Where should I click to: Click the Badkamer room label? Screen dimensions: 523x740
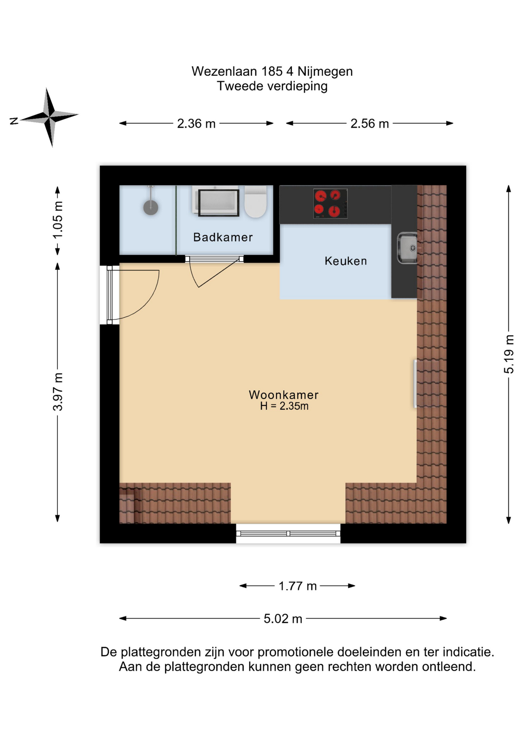point(223,237)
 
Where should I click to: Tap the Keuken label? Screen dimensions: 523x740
point(345,261)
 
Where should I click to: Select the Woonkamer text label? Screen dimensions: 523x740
point(283,395)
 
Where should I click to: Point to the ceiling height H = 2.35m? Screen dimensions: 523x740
point(284,406)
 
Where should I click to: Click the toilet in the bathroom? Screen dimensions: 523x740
point(256,201)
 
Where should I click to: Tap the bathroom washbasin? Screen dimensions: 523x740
point(216,201)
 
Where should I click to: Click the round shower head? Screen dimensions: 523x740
point(151,207)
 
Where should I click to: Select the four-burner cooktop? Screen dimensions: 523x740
point(330,203)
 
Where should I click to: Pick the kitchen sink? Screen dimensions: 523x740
point(407,248)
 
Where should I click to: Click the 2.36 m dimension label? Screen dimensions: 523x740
point(196,124)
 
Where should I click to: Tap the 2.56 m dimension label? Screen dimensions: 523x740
point(369,124)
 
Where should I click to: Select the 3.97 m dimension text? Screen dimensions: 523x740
point(57,392)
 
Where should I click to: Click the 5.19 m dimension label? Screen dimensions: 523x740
point(509,354)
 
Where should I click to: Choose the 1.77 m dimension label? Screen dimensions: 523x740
point(297,586)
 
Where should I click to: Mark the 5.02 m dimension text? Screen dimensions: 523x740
point(283,619)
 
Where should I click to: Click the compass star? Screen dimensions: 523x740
point(50,117)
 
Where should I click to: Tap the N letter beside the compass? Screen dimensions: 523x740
point(14,121)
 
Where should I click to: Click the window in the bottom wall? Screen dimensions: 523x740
point(288,533)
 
